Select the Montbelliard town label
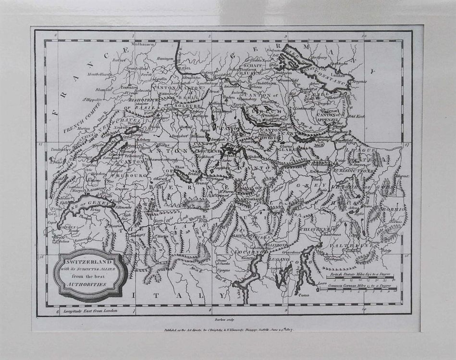click(100, 74)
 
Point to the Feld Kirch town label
click(361, 116)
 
